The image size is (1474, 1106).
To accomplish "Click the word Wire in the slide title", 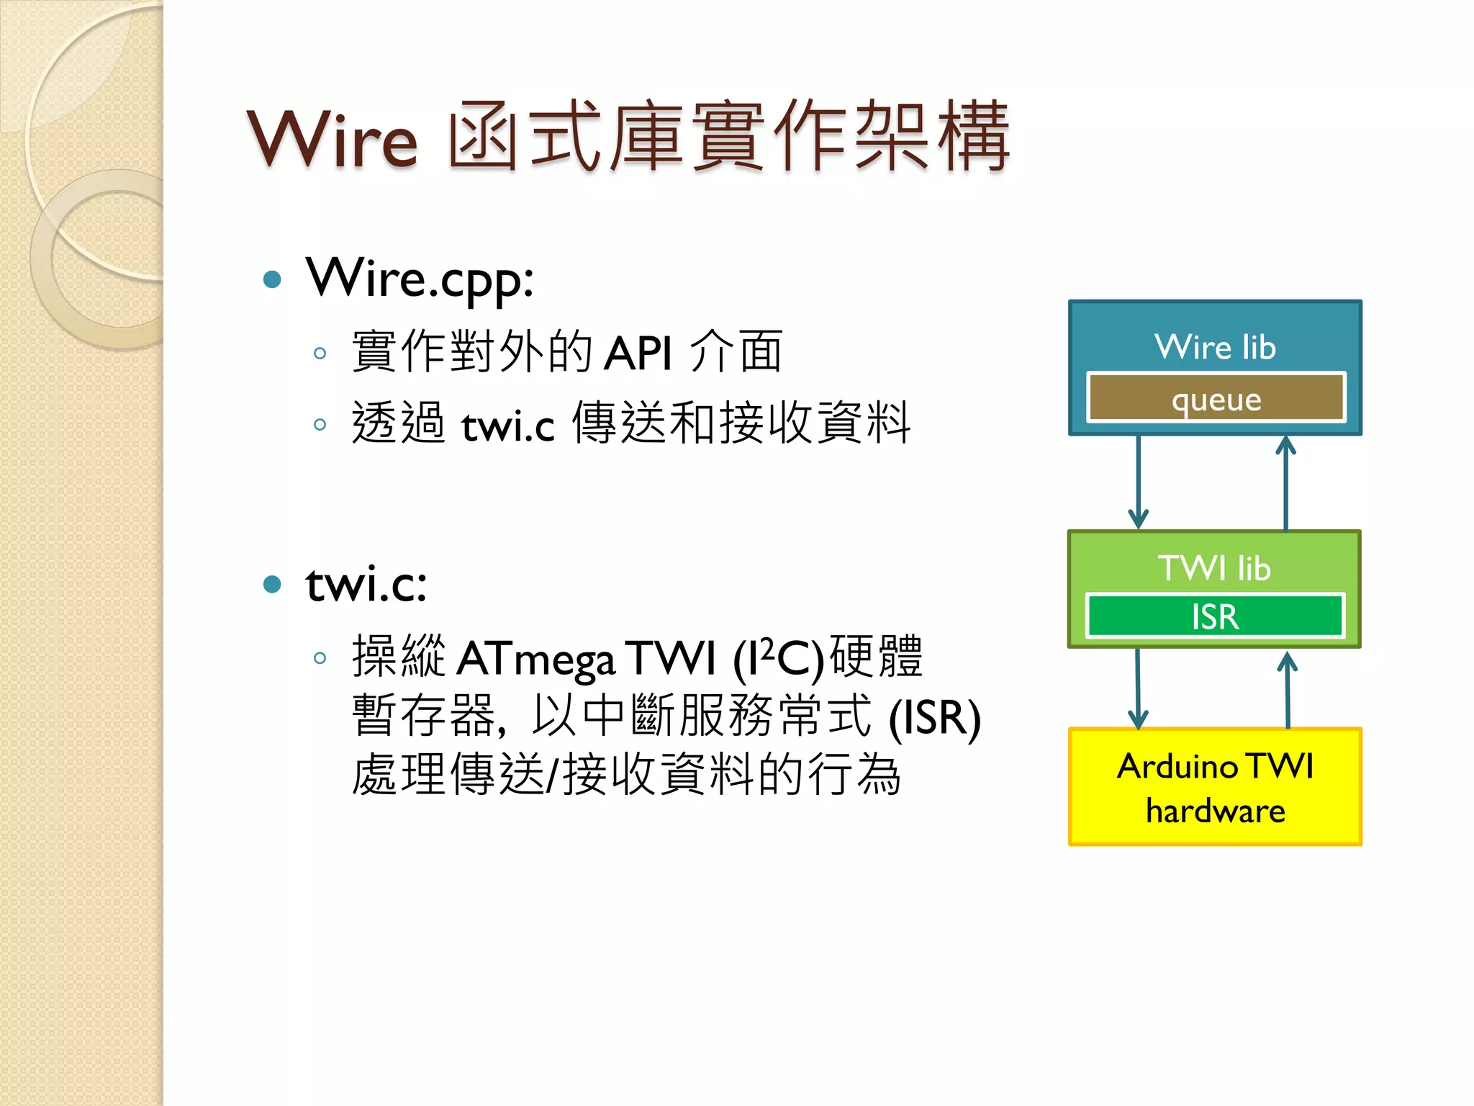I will (332, 139).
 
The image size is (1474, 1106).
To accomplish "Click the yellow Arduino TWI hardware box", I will (1215, 786).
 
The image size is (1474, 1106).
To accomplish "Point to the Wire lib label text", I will (1215, 347).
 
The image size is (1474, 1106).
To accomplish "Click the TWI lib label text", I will (1215, 568).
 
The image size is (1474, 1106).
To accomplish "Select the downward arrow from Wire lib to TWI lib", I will (1138, 482).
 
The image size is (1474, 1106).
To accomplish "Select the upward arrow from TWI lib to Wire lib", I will (1285, 482).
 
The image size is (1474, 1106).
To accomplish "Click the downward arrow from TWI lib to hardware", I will (1138, 688).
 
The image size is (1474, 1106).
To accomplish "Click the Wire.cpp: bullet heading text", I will (420, 279).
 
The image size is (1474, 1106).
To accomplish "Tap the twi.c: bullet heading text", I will (366, 584).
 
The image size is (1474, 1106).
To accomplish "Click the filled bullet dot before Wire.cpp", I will (272, 279).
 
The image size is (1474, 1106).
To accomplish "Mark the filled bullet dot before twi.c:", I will (272, 584).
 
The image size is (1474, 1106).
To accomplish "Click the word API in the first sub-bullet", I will (638, 354).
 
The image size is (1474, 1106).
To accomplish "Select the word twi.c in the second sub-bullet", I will (507, 426).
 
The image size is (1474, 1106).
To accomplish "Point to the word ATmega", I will (535, 660).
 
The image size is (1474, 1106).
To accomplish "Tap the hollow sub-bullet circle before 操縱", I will (320, 657).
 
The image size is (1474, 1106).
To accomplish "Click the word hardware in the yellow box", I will (1215, 811).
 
